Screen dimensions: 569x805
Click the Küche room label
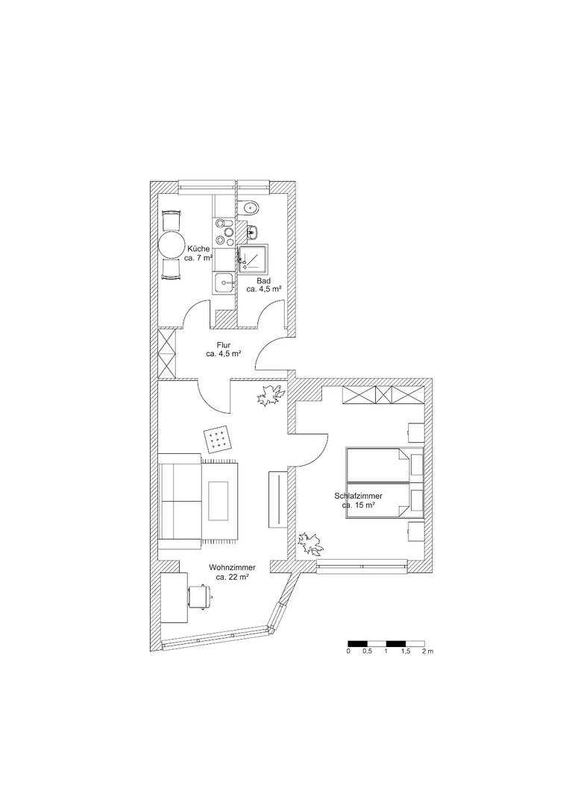coord(198,253)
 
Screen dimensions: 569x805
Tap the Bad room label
coord(264,285)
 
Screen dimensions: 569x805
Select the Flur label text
coord(224,349)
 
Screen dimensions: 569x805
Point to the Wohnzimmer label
coord(232,572)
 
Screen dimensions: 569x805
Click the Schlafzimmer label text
coord(358,500)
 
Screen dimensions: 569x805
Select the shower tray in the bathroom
coord(253,257)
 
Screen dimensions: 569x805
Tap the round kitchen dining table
coord(172,245)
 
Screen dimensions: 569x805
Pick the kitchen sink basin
coord(224,283)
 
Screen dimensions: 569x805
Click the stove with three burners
coord(224,232)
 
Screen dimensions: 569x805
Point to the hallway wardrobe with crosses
coord(167,353)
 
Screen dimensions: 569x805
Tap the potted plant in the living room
coord(268,396)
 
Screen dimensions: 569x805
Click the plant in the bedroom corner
coord(311,544)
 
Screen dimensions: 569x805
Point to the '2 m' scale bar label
coord(427,651)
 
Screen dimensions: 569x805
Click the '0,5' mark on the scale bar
coord(367,651)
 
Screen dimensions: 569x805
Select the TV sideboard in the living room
coord(277,498)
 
